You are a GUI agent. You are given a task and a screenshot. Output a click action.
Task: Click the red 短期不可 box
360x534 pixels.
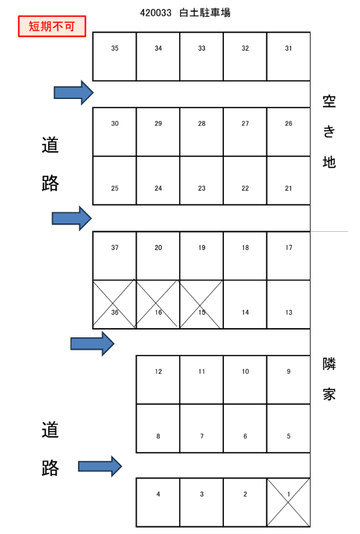52,27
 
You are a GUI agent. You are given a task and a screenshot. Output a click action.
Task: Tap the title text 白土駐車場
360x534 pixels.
204,12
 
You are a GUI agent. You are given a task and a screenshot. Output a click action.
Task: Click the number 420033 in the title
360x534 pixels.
155,12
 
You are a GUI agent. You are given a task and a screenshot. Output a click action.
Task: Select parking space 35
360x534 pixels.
115,57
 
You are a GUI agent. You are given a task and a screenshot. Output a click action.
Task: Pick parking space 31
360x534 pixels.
288,57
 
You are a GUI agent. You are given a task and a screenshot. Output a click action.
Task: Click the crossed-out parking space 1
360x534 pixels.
288,502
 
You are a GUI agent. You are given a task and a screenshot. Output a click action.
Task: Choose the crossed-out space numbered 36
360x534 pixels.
115,304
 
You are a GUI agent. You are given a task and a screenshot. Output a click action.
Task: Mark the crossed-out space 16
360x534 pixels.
158,304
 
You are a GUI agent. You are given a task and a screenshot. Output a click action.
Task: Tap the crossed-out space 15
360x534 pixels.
202,304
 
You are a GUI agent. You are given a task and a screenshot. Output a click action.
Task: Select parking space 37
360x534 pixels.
115,255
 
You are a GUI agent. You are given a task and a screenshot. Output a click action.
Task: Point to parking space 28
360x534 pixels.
202,132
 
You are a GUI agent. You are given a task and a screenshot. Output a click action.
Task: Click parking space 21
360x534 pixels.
288,180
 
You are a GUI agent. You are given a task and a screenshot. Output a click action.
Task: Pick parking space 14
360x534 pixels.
245,304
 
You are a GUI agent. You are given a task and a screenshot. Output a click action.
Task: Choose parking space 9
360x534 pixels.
288,380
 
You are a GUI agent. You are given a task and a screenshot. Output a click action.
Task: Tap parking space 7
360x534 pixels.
202,428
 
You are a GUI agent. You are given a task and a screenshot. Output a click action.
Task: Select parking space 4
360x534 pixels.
158,502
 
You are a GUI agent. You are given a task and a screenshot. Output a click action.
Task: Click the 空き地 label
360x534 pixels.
329,132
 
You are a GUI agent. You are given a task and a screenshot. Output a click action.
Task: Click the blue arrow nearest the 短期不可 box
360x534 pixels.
74,93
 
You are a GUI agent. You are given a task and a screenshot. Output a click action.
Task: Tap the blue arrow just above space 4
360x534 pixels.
100,466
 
